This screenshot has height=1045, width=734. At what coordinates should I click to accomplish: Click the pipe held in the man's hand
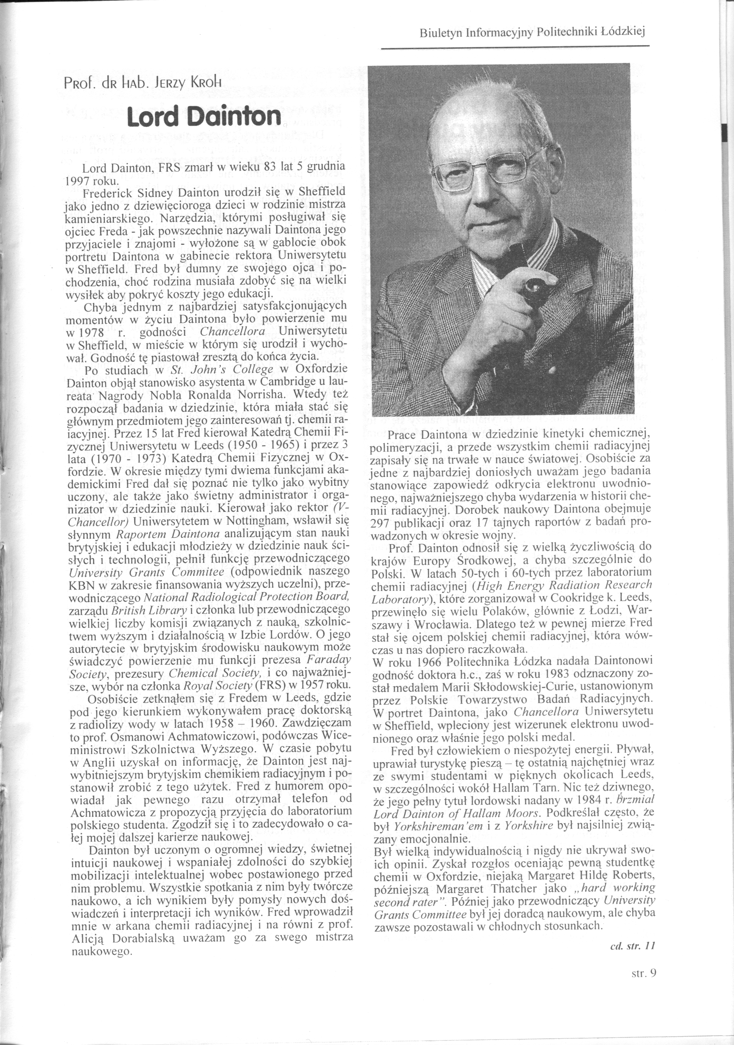tap(530, 278)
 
